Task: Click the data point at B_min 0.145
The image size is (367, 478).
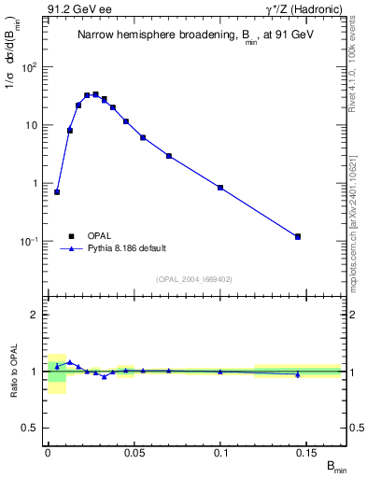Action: pyautogui.click(x=298, y=236)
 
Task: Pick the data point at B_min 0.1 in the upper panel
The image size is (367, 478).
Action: pyautogui.click(x=220, y=188)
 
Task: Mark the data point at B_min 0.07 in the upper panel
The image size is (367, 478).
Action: pyautogui.click(x=169, y=156)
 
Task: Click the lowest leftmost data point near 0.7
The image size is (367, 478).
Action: pyautogui.click(x=57, y=192)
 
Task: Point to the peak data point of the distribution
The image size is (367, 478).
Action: pyautogui.click(x=95, y=94)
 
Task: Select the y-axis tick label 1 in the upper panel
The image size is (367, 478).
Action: pyautogui.click(x=37, y=183)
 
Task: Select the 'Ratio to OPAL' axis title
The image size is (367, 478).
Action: pyautogui.click(x=14, y=371)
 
